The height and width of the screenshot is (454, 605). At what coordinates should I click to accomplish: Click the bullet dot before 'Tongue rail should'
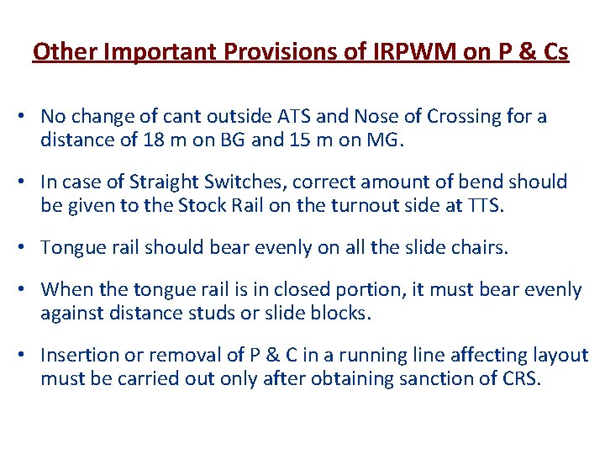click(28, 248)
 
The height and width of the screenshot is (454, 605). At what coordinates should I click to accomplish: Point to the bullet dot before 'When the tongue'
click(28, 290)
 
